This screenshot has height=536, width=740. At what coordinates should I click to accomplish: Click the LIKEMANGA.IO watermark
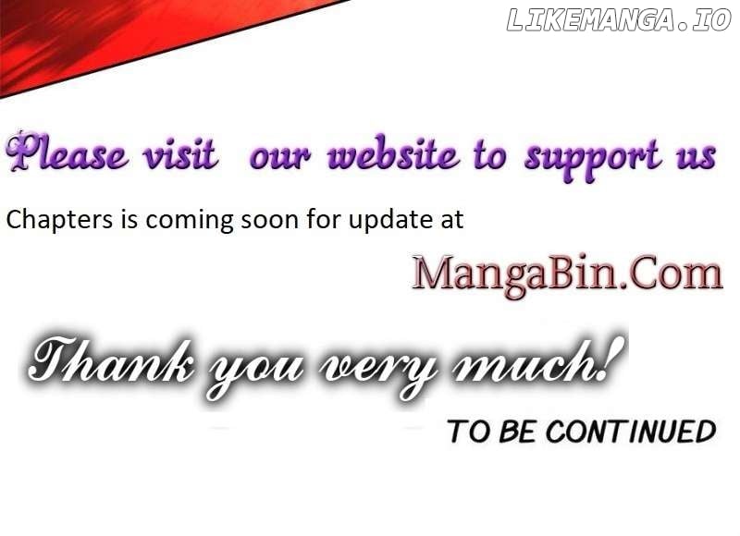point(619,20)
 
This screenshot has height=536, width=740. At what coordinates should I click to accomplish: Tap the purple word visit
point(180,153)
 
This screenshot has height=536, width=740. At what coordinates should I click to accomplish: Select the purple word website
point(392,152)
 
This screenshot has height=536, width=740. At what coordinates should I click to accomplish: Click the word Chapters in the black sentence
point(59,220)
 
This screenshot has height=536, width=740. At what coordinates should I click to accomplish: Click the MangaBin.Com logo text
point(567,274)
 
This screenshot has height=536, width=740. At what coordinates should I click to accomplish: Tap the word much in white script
point(524,361)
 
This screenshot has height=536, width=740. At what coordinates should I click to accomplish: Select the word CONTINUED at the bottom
point(631,432)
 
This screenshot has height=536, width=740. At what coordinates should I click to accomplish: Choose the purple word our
point(280,157)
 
